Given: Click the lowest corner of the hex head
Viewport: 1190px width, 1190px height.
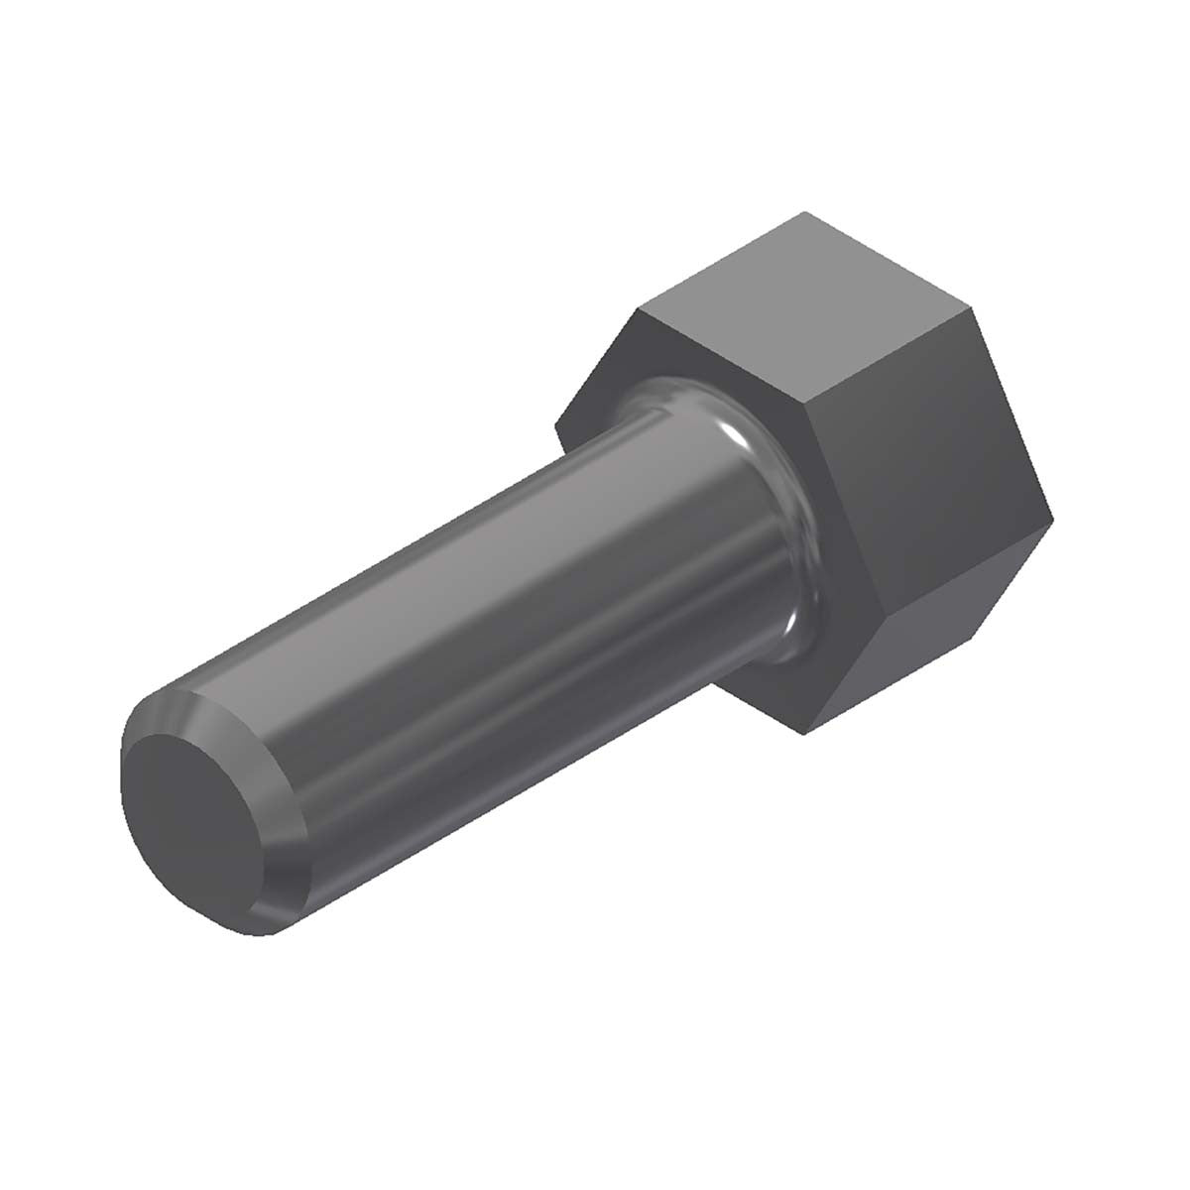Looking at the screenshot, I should [x=805, y=735].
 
